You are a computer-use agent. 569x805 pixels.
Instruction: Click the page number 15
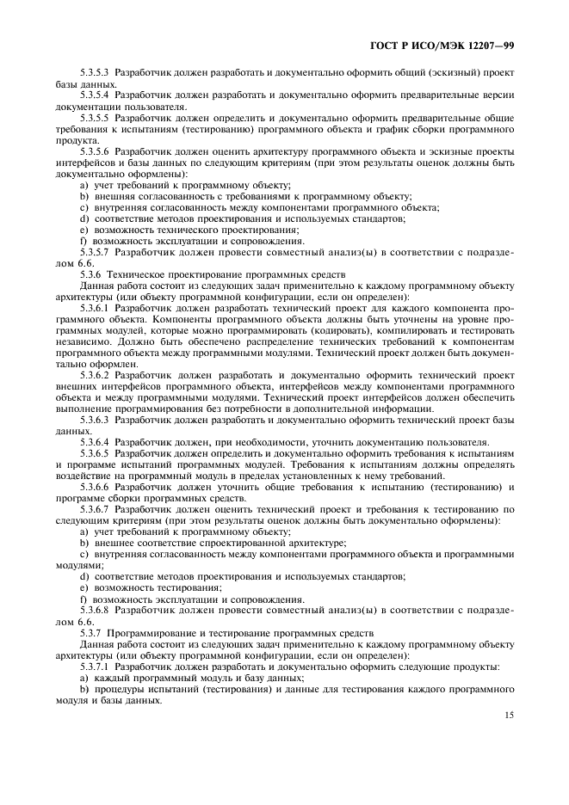[x=508, y=713]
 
